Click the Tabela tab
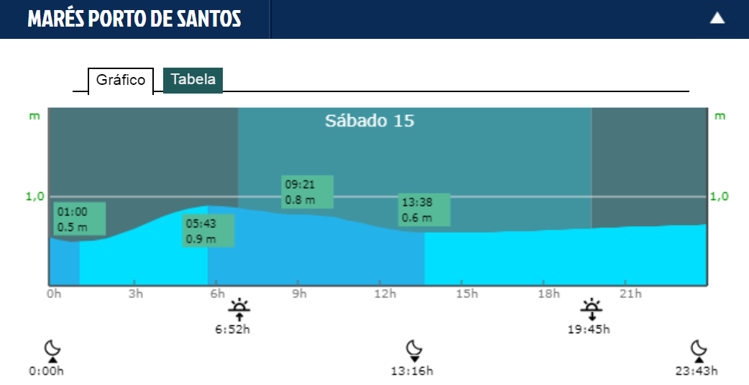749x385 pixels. coord(193,80)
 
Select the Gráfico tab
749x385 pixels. coord(121,80)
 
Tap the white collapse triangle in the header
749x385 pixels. coord(717,19)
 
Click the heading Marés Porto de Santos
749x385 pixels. coord(134,19)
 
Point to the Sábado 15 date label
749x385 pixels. coord(369,120)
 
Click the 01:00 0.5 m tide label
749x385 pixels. coord(80,219)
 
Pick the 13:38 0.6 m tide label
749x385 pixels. coord(425,209)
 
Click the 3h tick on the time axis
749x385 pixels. coord(134,294)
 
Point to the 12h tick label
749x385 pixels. coord(386,294)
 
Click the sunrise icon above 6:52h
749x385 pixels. coord(239,310)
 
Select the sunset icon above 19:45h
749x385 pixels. coord(591,310)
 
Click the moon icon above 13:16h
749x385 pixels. coord(413,351)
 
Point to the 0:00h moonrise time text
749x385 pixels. coord(47,371)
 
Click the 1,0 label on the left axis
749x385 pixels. coord(36,196)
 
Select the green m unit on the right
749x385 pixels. coord(720,116)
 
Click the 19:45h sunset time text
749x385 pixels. coord(589,330)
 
